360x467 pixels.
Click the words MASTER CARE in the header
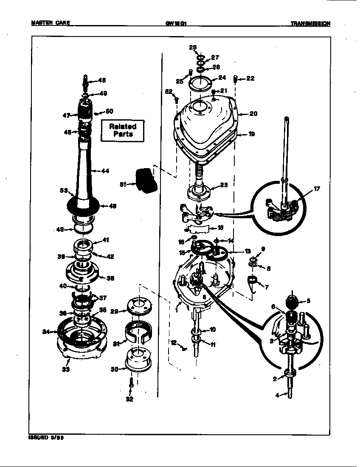tap(51, 23)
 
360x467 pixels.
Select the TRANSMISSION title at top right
tap(310, 24)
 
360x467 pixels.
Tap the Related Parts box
tap(123, 130)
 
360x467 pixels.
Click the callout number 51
tap(124, 184)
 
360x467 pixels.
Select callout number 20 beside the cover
tap(253, 114)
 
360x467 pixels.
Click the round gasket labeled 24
tap(200, 82)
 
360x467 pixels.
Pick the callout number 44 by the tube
tap(105, 171)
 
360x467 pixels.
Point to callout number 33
tap(66, 369)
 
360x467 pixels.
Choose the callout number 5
tap(308, 301)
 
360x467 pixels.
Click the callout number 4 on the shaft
tap(278, 395)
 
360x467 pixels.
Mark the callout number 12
tap(174, 342)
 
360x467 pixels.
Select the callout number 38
tap(110, 279)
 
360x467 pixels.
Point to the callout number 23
tap(224, 185)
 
